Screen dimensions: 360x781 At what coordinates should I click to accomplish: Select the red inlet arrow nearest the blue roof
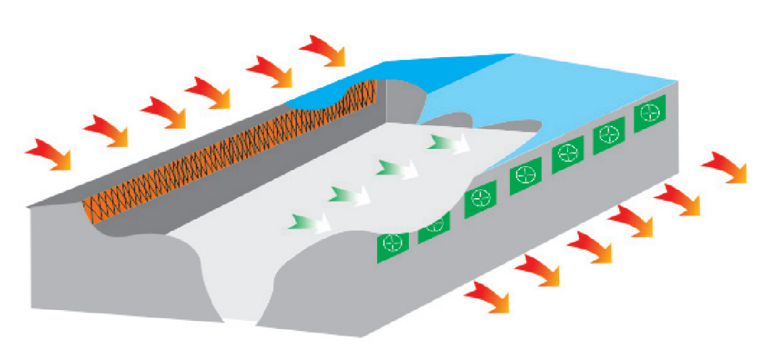[x=324, y=51]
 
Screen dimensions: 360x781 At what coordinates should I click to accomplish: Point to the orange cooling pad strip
[x=217, y=145]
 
